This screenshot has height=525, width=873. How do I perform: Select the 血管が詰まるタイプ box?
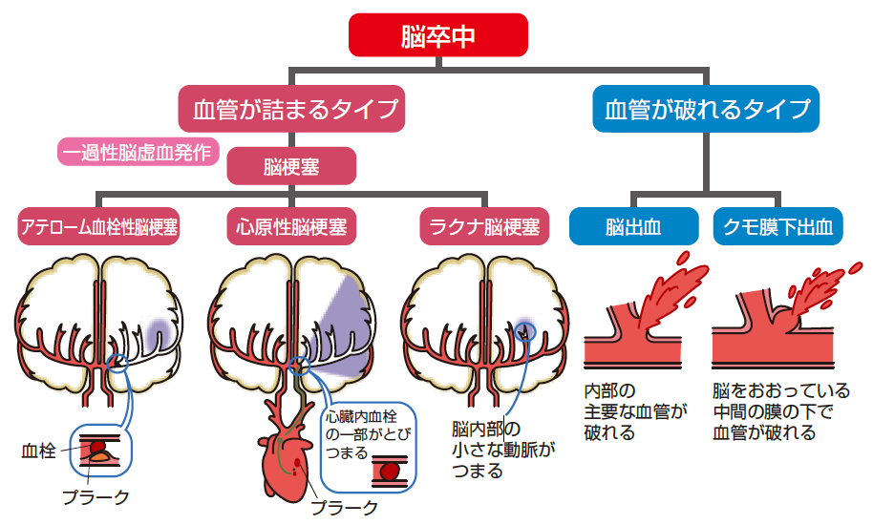pyautogui.click(x=290, y=109)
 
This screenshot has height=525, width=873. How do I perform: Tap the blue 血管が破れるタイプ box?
pyautogui.click(x=706, y=109)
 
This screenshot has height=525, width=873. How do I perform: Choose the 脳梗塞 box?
pyautogui.click(x=291, y=166)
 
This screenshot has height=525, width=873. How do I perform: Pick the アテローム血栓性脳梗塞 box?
pyautogui.click(x=99, y=227)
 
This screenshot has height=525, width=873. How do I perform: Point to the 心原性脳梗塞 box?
pyautogui.click(x=291, y=227)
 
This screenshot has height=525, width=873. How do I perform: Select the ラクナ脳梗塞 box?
pyautogui.click(x=485, y=227)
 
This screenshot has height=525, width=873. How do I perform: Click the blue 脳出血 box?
pyautogui.click(x=634, y=227)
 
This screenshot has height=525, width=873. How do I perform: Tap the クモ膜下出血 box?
pyautogui.click(x=777, y=227)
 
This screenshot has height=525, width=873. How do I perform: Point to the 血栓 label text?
pyautogui.click(x=38, y=450)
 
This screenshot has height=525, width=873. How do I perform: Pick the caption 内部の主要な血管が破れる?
pyautogui.click(x=635, y=411)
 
